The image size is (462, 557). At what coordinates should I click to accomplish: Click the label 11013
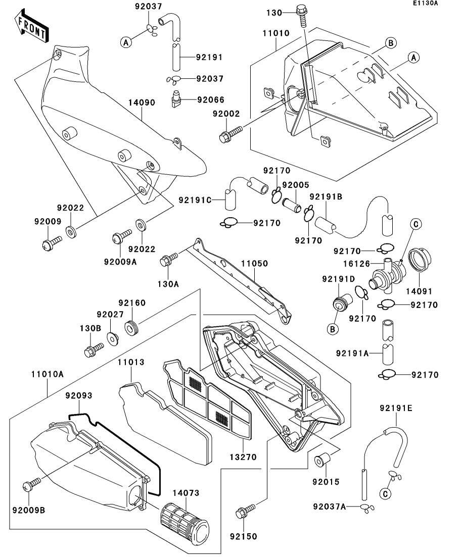pyautogui.click(x=131, y=363)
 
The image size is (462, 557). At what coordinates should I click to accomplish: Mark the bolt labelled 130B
pyautogui.click(x=94, y=348)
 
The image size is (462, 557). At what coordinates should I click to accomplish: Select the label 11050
pyautogui.click(x=254, y=264)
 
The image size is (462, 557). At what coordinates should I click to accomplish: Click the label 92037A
pyautogui.click(x=329, y=507)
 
